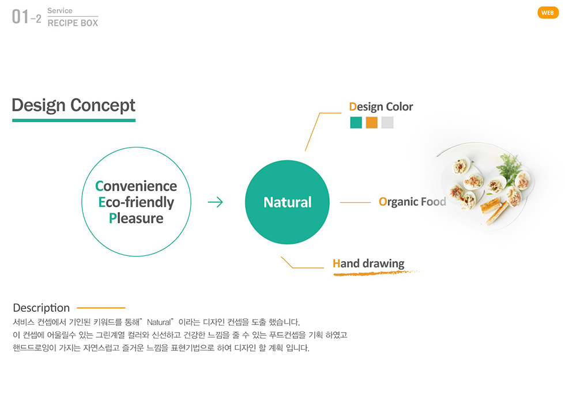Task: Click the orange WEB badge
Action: (548, 13)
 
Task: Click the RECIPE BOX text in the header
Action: (73, 22)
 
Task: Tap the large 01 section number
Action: (20, 17)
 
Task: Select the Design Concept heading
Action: (74, 105)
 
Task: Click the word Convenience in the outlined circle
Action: (136, 186)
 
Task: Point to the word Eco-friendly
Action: (136, 202)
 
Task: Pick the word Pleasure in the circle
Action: (136, 218)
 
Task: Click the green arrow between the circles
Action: (216, 202)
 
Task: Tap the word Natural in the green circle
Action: (288, 202)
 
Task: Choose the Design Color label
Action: (381, 107)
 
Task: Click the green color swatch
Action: (356, 123)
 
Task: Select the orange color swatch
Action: (371, 123)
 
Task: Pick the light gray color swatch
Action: (387, 123)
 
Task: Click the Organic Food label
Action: (412, 202)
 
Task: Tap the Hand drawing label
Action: (368, 263)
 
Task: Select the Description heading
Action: (41, 308)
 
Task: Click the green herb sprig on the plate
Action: (510, 167)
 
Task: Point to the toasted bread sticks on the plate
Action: (494, 210)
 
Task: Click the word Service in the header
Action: (60, 11)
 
